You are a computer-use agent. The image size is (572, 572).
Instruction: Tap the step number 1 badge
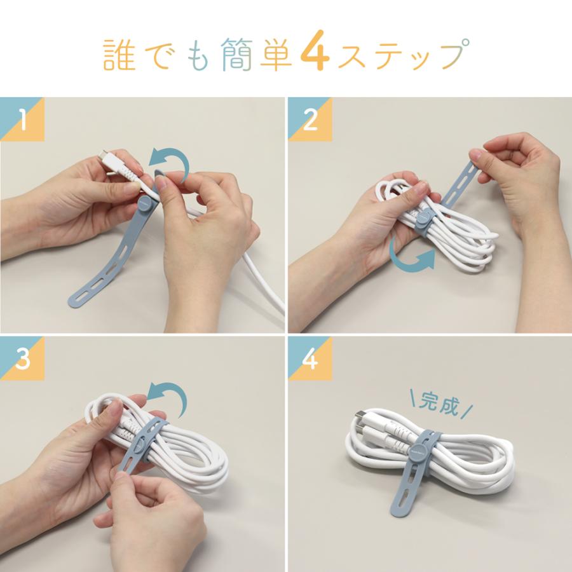point(22,121)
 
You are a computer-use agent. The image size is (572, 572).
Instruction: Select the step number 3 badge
point(22,360)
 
